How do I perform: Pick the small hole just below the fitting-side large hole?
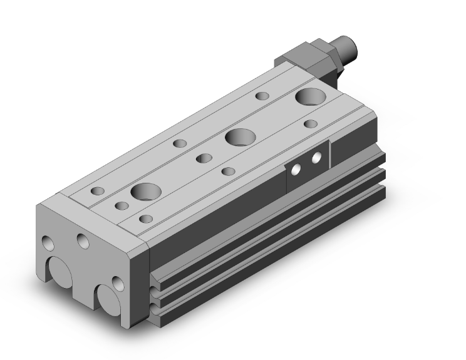pyautogui.click(x=309, y=123)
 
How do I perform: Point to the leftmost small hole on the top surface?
pyautogui.click(x=98, y=190)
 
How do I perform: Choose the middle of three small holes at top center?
pyautogui.click(x=202, y=158)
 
